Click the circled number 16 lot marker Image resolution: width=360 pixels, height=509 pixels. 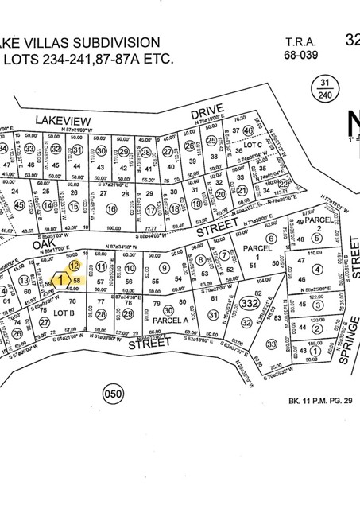coord(111,208)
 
